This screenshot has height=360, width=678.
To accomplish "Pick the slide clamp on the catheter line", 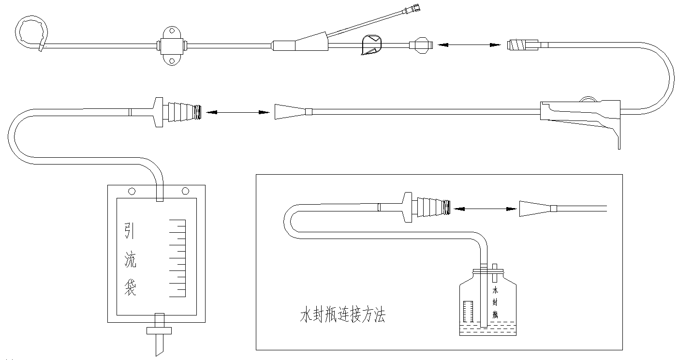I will [371, 45].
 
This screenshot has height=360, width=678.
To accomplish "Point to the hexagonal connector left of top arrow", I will [419, 45].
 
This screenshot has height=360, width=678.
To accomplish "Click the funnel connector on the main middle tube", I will [289, 112].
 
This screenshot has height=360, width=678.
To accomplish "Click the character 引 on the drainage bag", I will [130, 231].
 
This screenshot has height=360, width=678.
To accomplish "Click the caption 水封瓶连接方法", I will [342, 317].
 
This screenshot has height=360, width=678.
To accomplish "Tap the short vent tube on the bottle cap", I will [494, 273].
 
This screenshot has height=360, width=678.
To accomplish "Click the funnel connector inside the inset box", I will [534, 209].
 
